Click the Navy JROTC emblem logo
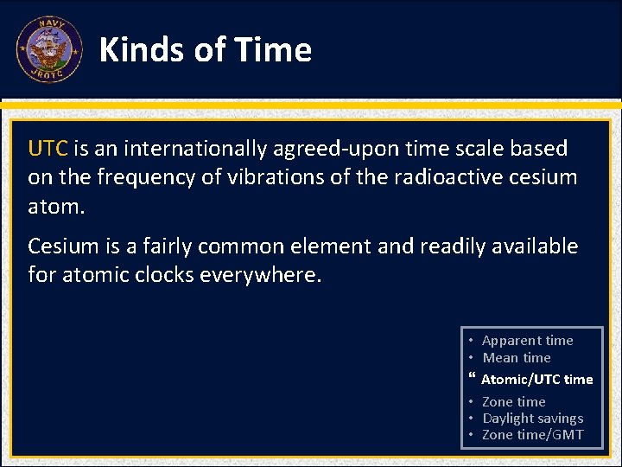coord(48,50)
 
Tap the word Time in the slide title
coord(276,50)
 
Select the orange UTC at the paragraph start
coord(48,149)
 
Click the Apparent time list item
coord(527,341)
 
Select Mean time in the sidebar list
coord(516,357)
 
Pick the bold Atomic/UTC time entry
coord(536,379)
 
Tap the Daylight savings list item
coord(532,418)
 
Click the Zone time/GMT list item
coord(532,434)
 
